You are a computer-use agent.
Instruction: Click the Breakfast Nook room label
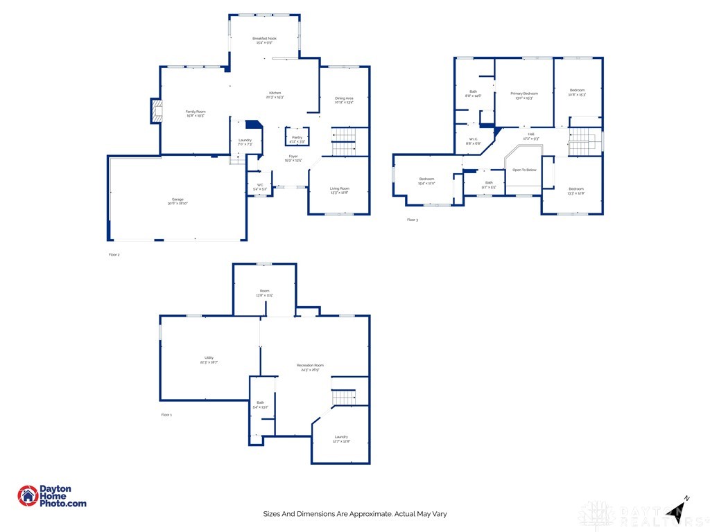264,37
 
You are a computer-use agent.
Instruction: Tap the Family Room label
196,112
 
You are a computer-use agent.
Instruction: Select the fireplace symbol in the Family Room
157,111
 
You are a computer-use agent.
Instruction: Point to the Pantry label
297,137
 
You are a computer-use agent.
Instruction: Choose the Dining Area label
344,98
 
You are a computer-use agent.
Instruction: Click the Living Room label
339,188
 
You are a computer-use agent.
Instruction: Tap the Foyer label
293,157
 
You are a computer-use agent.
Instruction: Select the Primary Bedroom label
524,94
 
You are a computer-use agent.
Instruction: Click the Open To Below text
524,170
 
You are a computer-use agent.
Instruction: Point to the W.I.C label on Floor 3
473,139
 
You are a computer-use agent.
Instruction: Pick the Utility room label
209,357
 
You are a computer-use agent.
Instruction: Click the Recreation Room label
310,365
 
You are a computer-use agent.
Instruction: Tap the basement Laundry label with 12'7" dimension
340,436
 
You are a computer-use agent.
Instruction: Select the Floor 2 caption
114,255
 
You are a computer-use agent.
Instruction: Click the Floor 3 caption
413,220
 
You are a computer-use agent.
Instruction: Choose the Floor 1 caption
166,414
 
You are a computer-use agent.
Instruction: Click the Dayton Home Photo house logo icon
28,496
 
